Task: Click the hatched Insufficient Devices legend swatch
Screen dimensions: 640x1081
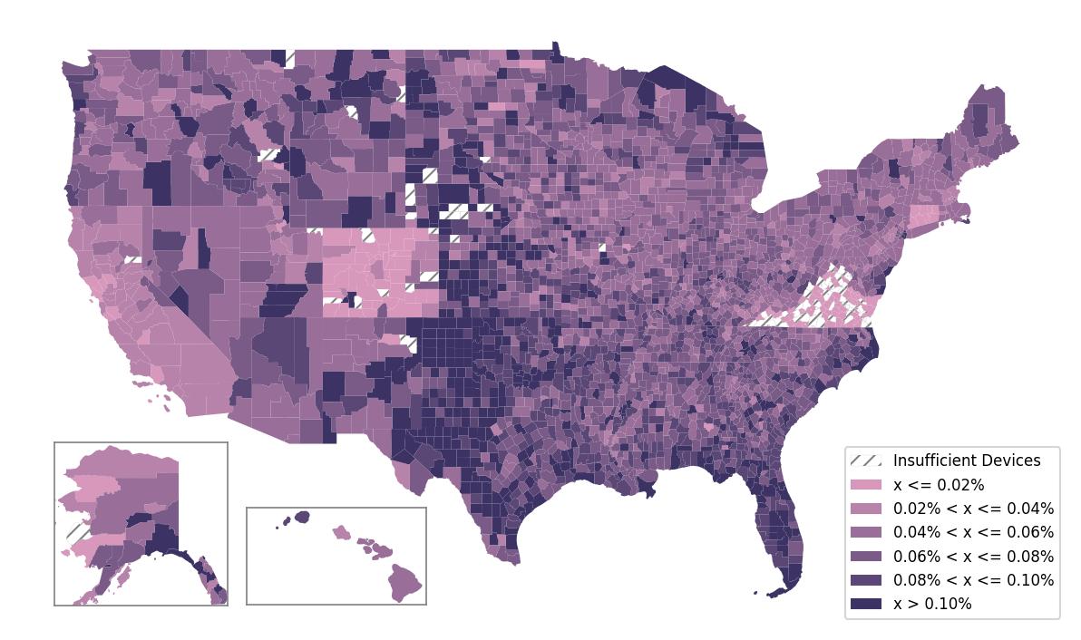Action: click(866, 461)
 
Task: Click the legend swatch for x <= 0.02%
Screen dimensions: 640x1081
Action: click(866, 485)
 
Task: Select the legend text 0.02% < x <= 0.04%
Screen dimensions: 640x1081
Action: click(973, 509)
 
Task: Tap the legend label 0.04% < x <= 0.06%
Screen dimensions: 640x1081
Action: click(973, 532)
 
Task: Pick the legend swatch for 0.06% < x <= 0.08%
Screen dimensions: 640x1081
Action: click(866, 556)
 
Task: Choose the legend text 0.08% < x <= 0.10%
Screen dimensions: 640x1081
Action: click(973, 580)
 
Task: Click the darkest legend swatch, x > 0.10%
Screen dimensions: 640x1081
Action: click(866, 604)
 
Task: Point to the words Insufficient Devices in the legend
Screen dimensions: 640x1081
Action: click(967, 461)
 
